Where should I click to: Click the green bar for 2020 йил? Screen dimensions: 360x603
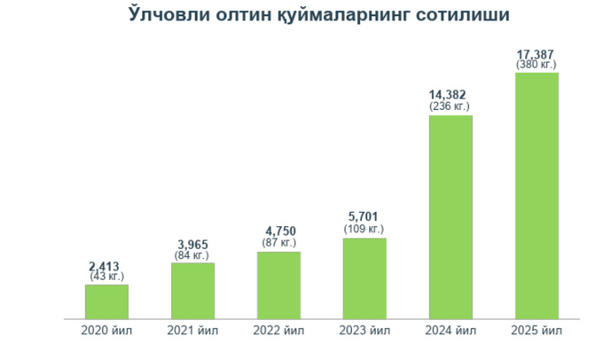[107, 301]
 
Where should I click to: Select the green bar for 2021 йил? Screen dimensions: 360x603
[193, 290]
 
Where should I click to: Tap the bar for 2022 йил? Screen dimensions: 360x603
[278, 285]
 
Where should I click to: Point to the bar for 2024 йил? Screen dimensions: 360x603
[450, 216]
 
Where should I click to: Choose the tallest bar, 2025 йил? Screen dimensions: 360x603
[536, 195]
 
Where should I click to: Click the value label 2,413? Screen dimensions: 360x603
[107, 265]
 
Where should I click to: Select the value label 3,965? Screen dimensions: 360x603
[193, 245]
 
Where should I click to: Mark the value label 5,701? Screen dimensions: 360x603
[364, 218]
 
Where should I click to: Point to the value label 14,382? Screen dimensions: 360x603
[450, 95]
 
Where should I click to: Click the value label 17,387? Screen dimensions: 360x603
[536, 54]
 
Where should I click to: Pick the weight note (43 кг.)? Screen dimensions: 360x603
[107, 277]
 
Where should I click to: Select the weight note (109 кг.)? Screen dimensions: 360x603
[364, 230]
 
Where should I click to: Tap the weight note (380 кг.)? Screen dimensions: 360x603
[536, 65]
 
